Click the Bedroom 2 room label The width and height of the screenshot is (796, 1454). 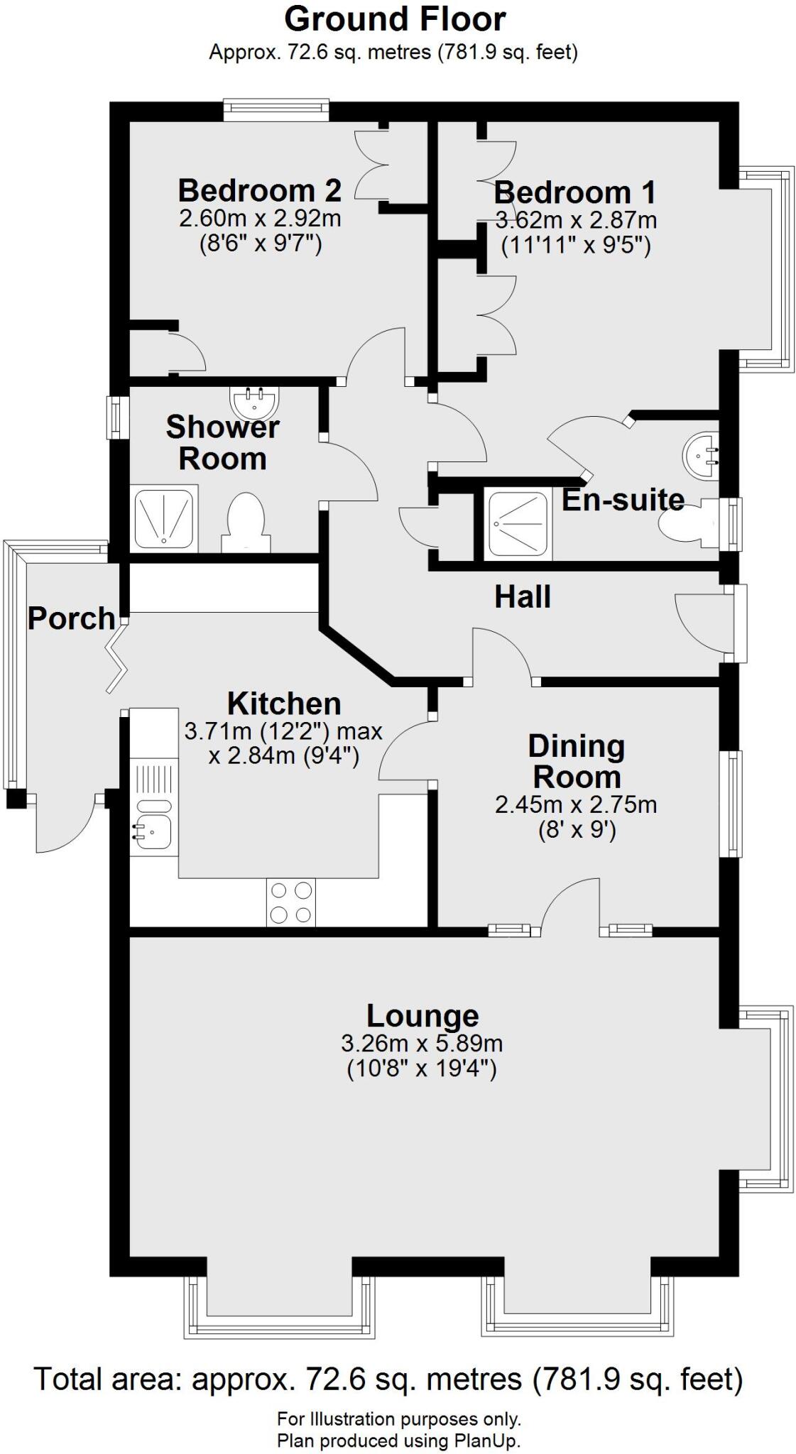(x=260, y=190)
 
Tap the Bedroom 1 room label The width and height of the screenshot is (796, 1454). (x=575, y=192)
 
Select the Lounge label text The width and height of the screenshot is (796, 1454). (x=422, y=1017)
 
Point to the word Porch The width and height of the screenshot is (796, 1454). (x=71, y=618)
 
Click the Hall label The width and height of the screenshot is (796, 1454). (x=523, y=597)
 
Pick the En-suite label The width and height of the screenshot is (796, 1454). (x=623, y=500)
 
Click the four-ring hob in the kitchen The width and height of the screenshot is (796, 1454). (x=291, y=902)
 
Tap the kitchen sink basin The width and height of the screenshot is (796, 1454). (x=153, y=831)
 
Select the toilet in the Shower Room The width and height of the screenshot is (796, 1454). (x=246, y=522)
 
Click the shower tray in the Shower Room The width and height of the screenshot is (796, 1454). (x=165, y=518)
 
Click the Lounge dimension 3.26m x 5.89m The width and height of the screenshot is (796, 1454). (x=422, y=1044)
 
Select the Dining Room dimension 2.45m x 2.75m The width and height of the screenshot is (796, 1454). (x=576, y=804)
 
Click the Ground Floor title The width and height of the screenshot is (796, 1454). (x=395, y=19)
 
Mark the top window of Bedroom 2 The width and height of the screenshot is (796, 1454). (x=276, y=109)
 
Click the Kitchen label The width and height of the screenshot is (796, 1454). (x=284, y=704)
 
